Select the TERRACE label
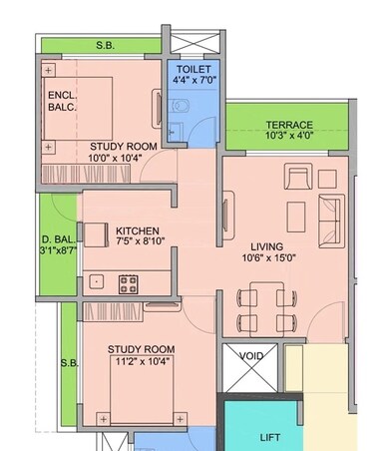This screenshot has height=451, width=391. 289,125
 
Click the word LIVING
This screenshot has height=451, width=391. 267,245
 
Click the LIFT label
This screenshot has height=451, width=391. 270,437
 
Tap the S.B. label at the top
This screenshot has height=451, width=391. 105,46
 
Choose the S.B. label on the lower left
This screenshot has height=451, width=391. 68,363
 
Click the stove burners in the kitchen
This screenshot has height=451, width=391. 130,282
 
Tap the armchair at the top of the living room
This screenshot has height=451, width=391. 298,178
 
